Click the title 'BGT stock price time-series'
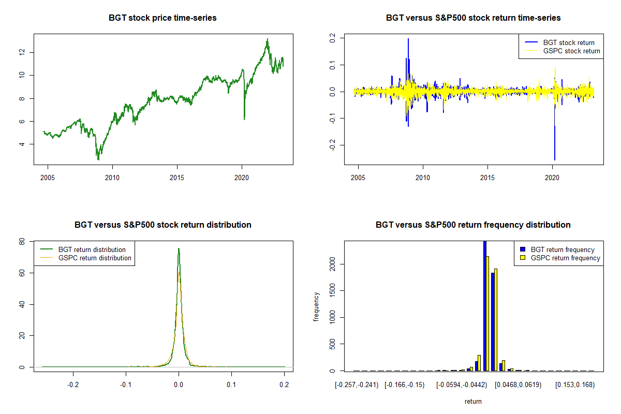[162, 18]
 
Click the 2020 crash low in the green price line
[244, 119]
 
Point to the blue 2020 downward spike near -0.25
[555, 158]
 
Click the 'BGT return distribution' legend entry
[92, 249]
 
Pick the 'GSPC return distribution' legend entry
[95, 258]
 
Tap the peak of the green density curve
[179, 248]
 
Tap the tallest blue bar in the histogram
[485, 305]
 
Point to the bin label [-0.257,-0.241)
[357, 385]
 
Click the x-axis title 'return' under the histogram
[473, 401]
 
